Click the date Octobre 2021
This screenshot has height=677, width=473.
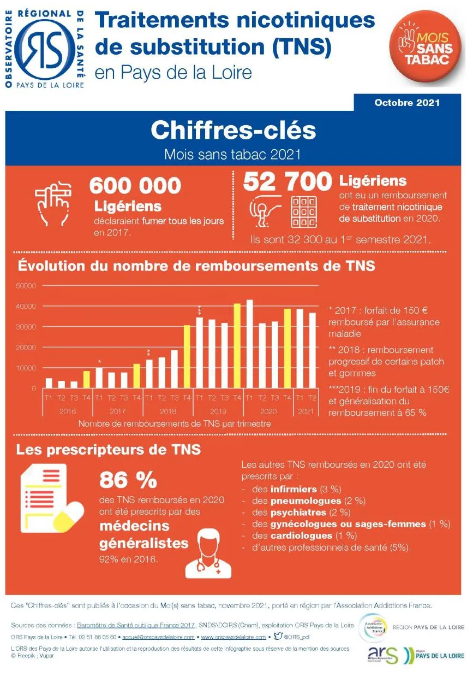pos(407,102)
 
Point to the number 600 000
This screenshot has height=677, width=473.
pos(135,185)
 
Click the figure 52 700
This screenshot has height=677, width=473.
pos(287,181)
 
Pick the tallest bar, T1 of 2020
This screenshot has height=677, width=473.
pos(249,344)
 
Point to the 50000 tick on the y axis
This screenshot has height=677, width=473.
pos(26,286)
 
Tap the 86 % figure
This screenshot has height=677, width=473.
pos(128,480)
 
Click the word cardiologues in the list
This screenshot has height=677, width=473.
pos(301,535)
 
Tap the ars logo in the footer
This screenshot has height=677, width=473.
pos(383,654)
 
